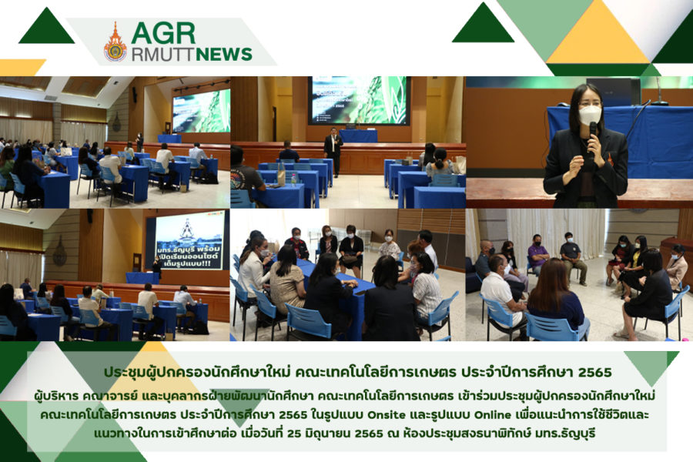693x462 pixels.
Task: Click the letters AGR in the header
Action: (163, 33)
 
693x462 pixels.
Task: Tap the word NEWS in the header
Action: (223, 55)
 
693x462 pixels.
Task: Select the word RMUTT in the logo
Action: (163, 55)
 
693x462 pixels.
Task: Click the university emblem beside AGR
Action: (115, 42)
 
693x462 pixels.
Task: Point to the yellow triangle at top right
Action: (598, 33)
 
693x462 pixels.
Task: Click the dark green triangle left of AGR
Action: (46, 26)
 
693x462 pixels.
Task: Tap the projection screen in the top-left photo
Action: (202, 111)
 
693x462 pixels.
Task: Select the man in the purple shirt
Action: (537, 255)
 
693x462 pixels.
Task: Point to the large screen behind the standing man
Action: (359, 100)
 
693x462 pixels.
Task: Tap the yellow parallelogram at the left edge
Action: (22, 67)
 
